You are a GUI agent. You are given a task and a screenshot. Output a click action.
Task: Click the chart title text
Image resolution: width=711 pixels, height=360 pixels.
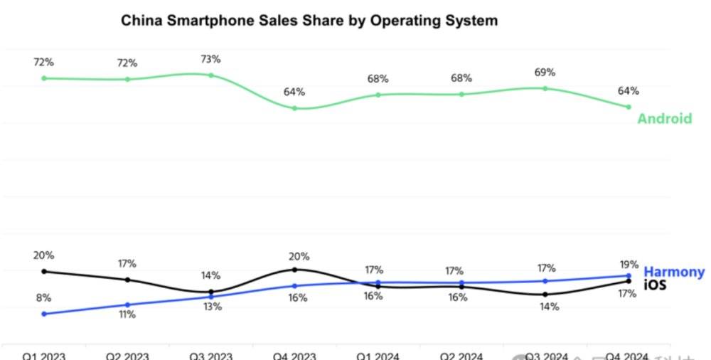point(309,21)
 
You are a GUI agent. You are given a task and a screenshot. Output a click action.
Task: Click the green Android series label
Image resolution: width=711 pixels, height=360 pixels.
point(664,118)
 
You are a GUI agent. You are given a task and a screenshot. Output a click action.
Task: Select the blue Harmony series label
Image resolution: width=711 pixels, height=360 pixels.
point(674,272)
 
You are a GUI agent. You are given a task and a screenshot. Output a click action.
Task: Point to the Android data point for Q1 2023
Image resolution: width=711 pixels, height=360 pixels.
point(44,78)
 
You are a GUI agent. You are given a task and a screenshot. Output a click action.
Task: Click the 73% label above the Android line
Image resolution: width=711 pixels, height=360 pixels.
point(210,59)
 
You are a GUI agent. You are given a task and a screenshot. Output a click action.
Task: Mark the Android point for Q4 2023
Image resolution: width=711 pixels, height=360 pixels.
point(294,108)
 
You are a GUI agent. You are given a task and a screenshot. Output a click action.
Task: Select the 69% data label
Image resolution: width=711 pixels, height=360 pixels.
point(545,73)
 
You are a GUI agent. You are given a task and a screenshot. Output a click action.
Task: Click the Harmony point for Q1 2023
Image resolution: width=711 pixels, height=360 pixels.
point(44,314)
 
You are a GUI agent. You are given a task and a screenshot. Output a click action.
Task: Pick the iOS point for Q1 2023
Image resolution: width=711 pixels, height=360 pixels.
point(44,271)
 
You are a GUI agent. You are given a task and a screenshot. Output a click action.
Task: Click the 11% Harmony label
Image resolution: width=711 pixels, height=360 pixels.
point(127,314)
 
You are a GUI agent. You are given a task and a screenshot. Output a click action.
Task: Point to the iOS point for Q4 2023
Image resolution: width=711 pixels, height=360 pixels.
point(294,270)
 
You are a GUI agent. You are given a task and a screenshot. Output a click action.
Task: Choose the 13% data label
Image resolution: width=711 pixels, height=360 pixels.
point(211,307)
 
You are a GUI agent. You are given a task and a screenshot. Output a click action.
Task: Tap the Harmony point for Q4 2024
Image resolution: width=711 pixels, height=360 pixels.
point(629,276)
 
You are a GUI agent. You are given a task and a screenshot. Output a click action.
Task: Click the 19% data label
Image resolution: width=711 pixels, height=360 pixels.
point(629,264)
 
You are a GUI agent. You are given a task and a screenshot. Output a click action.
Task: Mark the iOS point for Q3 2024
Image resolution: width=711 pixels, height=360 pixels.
point(545,294)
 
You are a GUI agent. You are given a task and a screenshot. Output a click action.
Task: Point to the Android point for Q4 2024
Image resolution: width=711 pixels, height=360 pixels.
point(629,107)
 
